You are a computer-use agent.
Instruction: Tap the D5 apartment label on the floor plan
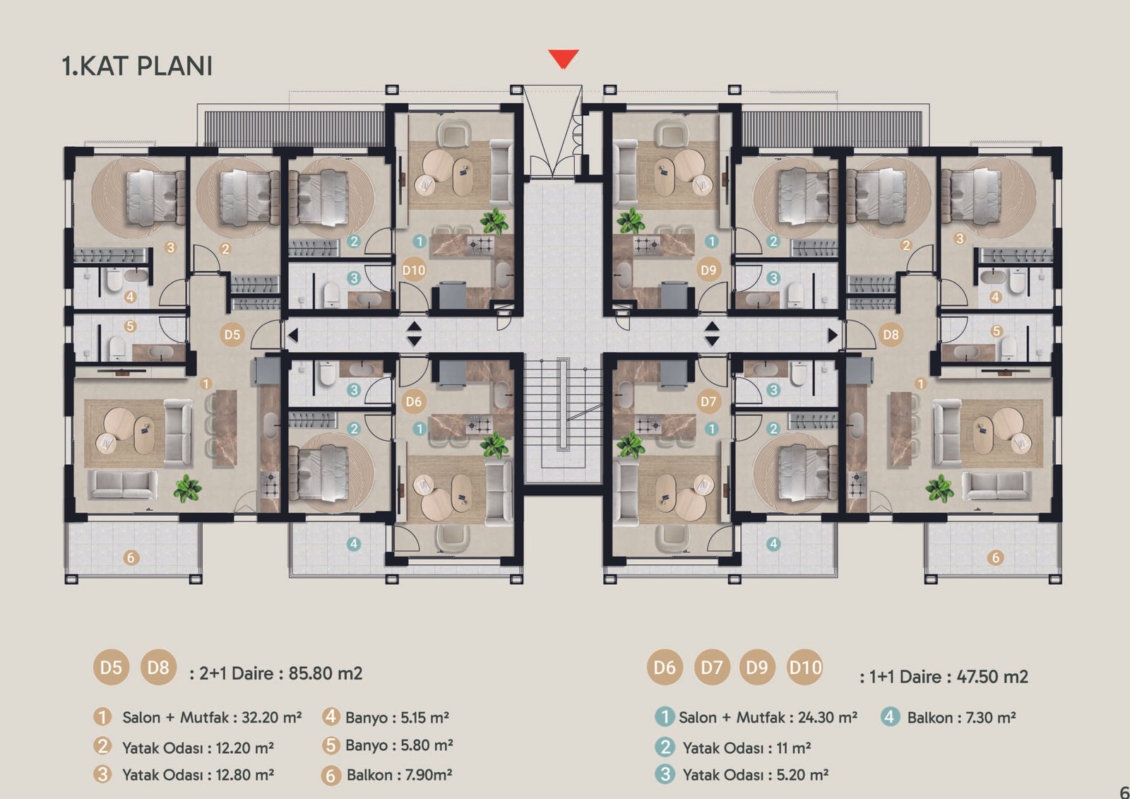tap(232, 335)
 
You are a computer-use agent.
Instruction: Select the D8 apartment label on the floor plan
tap(891, 335)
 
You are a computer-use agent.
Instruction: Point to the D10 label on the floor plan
tap(414, 271)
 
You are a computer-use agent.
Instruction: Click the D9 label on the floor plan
tap(708, 271)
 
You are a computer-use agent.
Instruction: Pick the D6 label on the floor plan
tap(414, 402)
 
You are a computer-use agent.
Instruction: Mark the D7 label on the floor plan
tap(708, 402)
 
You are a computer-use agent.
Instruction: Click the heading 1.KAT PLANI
tap(137, 66)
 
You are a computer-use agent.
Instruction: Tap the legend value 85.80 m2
tap(326, 673)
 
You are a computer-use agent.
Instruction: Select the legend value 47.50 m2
tap(992, 676)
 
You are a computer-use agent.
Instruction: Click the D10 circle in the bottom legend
tap(804, 668)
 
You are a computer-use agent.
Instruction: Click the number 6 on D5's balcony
tap(131, 557)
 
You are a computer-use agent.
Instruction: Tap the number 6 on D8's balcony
tap(996, 557)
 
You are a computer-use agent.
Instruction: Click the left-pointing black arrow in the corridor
tap(292, 335)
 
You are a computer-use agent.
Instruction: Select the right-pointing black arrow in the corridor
tap(833, 335)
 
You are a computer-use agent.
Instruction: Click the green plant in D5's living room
tap(188, 489)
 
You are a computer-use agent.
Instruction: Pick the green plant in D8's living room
tap(939, 489)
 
